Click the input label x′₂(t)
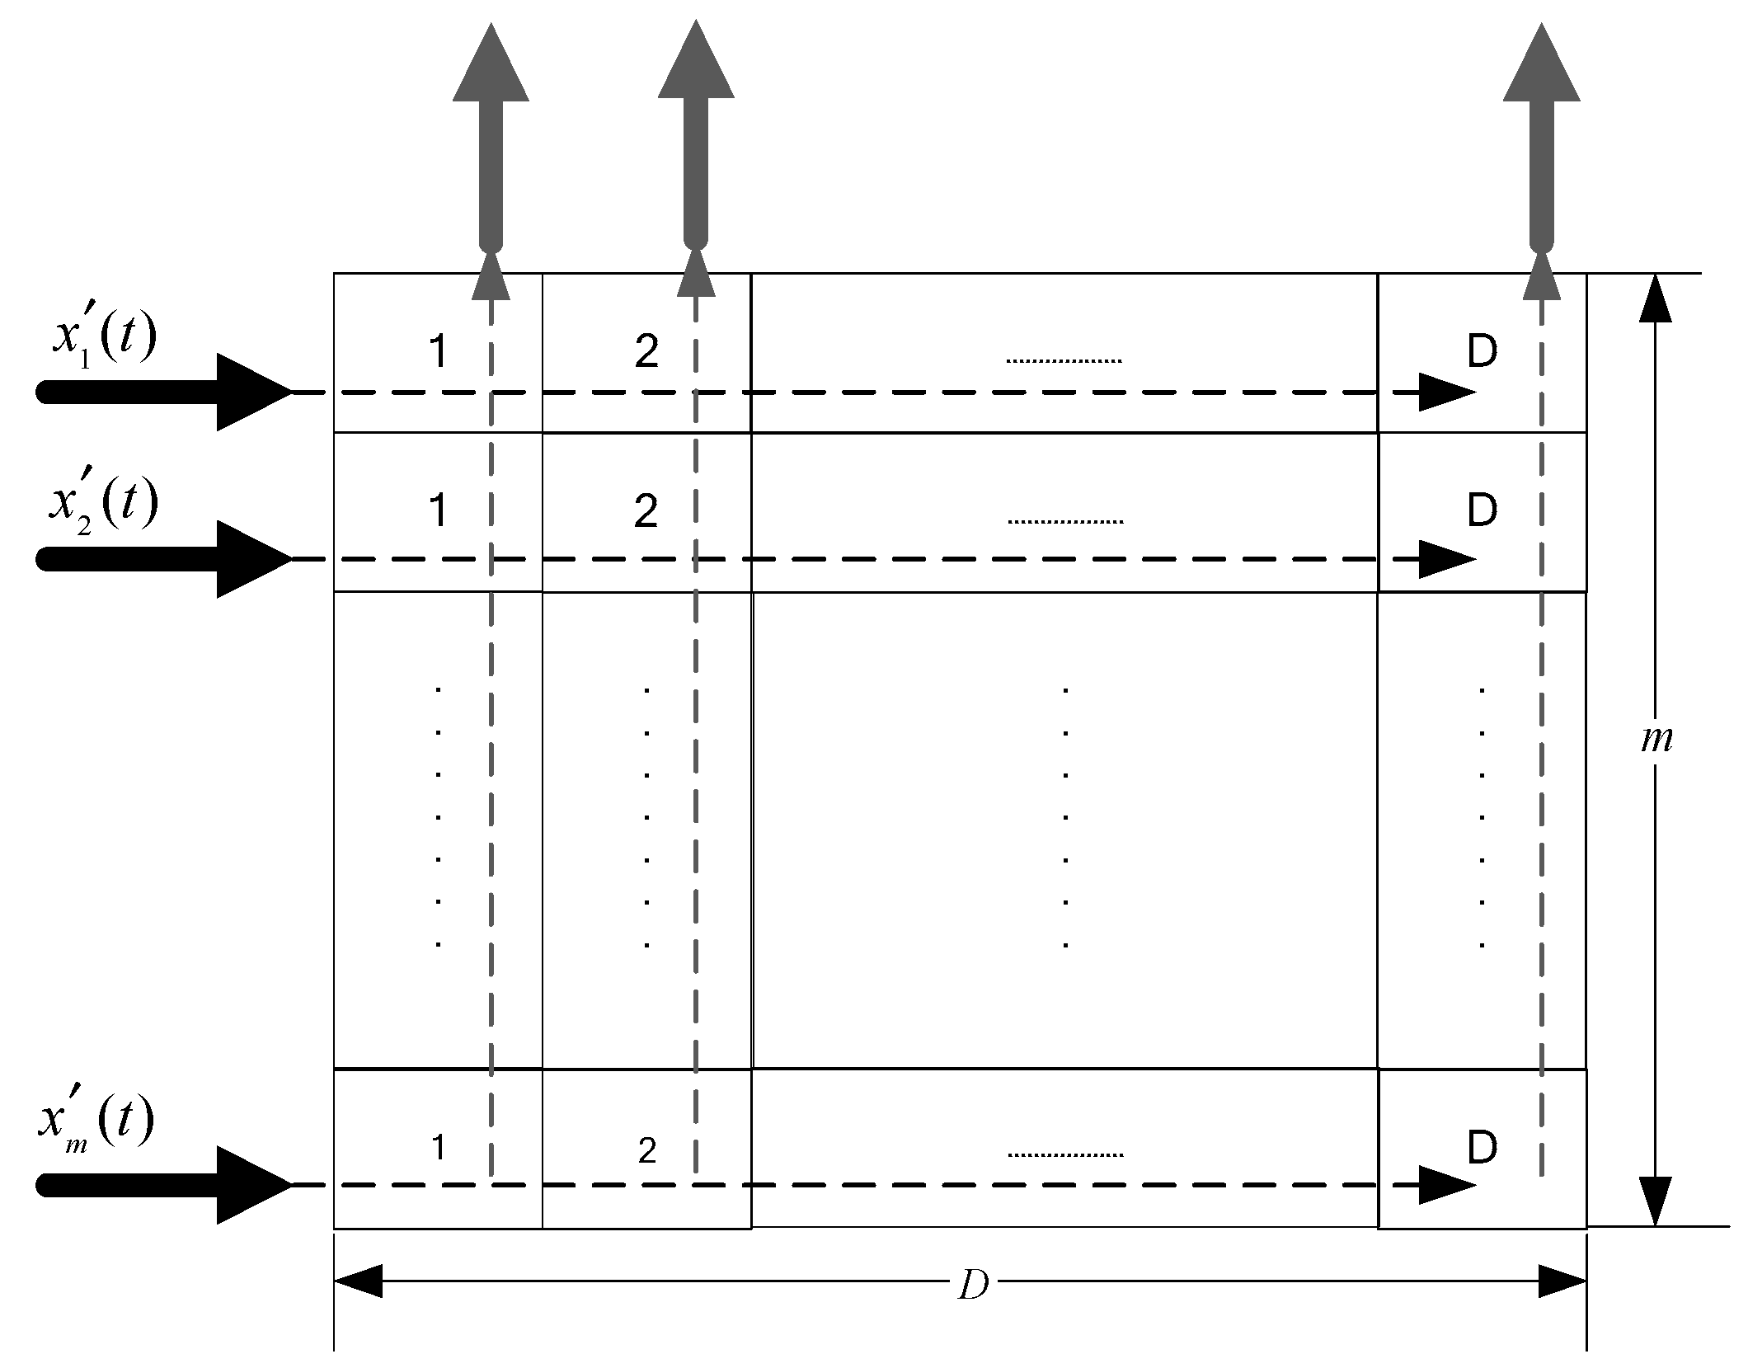(x=104, y=503)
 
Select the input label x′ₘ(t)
(x=97, y=1122)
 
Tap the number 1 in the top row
(x=439, y=352)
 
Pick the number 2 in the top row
(x=646, y=352)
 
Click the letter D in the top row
(x=1483, y=352)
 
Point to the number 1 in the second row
(x=439, y=511)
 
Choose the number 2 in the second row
(x=646, y=511)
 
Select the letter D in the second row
(x=1483, y=511)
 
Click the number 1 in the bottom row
(x=439, y=1147)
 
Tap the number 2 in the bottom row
(x=647, y=1150)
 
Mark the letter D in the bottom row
(x=1483, y=1147)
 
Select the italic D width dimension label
(x=973, y=1286)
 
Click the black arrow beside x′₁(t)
(x=165, y=392)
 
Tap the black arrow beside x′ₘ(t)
(x=165, y=1185)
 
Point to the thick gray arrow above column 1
(x=491, y=140)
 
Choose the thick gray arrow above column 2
(x=696, y=140)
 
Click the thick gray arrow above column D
(x=1541, y=140)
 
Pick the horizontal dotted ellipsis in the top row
(x=1064, y=360)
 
